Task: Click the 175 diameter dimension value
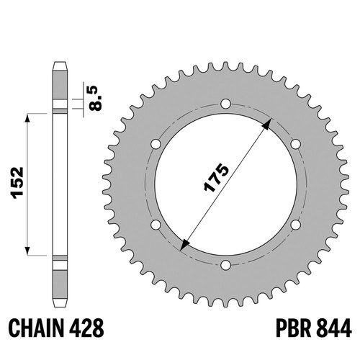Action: click(x=216, y=178)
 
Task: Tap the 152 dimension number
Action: click(x=18, y=183)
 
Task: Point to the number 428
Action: click(x=87, y=328)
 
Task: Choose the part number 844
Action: click(x=334, y=328)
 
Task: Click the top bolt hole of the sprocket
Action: click(x=225, y=104)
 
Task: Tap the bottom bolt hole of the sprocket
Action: click(x=225, y=265)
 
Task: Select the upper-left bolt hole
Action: click(x=156, y=144)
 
